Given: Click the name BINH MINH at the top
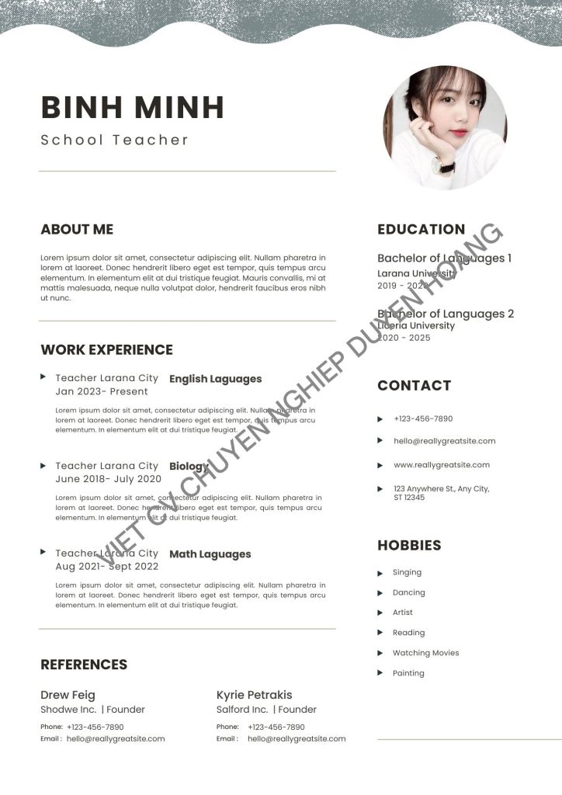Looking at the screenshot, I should coord(132,107).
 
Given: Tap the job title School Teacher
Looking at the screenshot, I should coord(115,141).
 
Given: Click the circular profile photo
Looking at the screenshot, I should coord(445,127).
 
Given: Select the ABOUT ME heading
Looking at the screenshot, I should coord(77,229).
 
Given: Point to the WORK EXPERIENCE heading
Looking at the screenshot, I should coord(106,349).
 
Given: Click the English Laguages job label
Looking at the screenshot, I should coord(215,379).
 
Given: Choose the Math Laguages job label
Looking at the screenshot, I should coord(210,554).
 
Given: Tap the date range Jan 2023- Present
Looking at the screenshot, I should coord(102,391).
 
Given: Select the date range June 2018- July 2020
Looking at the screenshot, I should coord(108,479).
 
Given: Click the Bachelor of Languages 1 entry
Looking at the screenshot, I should coord(444,258).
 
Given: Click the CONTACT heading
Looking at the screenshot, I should coord(414,385).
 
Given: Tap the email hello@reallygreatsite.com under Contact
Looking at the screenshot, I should coord(444,441).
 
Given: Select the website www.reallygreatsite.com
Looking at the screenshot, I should coord(442,465).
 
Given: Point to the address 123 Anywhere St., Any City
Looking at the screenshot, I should coord(441,489).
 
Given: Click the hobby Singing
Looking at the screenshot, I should coord(407,572).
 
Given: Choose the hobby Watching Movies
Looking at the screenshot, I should coord(425,653).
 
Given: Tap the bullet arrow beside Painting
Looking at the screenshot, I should coord(380,673).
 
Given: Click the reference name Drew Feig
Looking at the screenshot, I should coord(68,695).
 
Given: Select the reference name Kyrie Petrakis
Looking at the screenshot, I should coord(254,695).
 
